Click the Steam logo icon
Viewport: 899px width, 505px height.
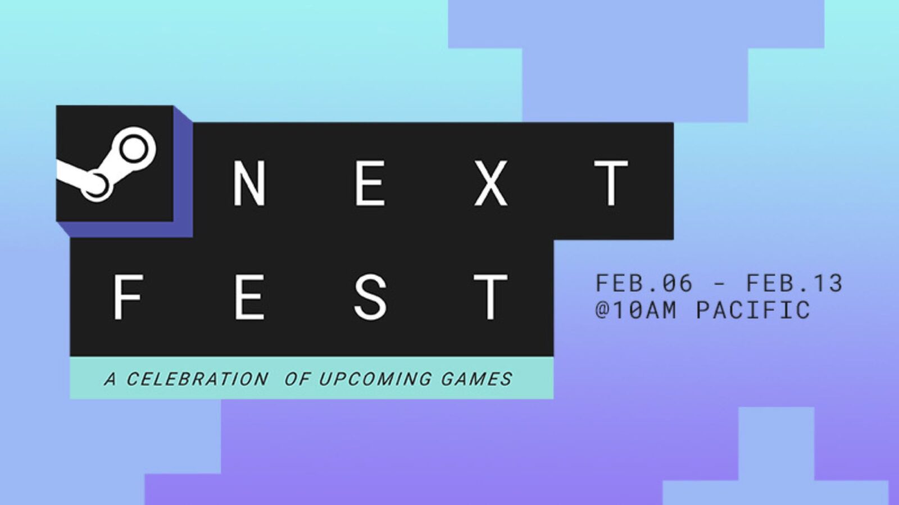[x=106, y=164]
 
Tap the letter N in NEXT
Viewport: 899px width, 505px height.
[x=249, y=183]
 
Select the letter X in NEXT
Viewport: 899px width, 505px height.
[x=491, y=183]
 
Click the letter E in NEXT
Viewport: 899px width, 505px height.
[x=370, y=183]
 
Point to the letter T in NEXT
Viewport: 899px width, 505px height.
[x=611, y=183]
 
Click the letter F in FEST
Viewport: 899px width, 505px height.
[x=129, y=297]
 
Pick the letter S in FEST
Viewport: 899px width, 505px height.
[x=370, y=297]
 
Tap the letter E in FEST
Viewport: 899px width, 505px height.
[x=249, y=297]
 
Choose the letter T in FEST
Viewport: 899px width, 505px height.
[x=491, y=297]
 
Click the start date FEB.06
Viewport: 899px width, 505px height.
[x=644, y=283]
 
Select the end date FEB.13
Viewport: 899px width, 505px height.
[x=794, y=283]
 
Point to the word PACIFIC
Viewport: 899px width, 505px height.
[x=753, y=310]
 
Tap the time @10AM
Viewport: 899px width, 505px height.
[x=636, y=310]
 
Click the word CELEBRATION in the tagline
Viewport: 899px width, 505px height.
[x=197, y=379]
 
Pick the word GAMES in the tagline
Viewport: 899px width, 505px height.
[x=476, y=379]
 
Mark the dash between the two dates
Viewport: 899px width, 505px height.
[x=720, y=284]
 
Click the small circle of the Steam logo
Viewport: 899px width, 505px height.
[x=96, y=186]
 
